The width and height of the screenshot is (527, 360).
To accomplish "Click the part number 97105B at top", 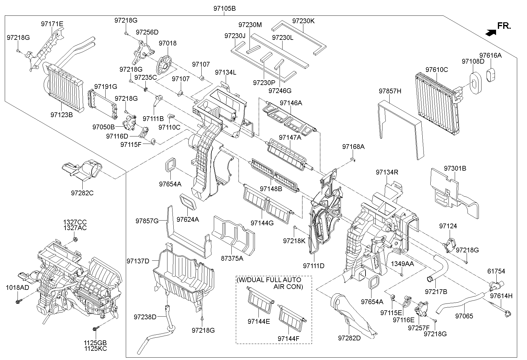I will point(224,8).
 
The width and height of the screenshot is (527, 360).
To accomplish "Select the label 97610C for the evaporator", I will point(436,70).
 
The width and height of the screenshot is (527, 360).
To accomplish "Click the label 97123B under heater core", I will point(62,114).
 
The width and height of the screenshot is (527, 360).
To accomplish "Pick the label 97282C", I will point(82,193).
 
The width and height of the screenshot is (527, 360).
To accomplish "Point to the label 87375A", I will point(232,258).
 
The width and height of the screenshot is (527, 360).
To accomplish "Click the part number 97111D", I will point(313,266).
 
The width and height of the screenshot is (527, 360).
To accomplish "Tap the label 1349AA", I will point(402,264).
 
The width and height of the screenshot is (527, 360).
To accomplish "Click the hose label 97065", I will point(464,316).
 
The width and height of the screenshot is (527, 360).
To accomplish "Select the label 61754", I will point(496,271).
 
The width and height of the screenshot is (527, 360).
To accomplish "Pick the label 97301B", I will point(455,168).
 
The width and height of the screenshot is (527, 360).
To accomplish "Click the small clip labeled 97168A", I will point(352,160).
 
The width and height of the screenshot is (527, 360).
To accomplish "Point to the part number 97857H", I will point(390,91).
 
